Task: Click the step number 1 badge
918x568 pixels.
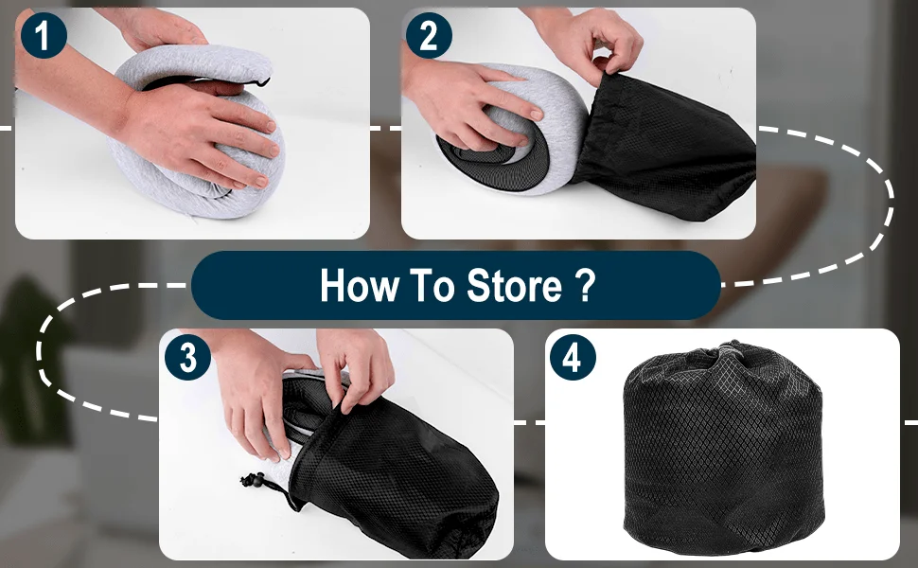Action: [x=44, y=35]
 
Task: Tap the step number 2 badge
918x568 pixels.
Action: [x=429, y=35]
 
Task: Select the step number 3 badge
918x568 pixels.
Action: [x=187, y=357]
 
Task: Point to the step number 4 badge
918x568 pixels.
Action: [x=573, y=357]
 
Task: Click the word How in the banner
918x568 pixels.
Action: [x=359, y=286]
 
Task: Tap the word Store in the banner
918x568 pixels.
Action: [x=514, y=286]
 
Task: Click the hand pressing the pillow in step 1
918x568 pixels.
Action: [x=193, y=132]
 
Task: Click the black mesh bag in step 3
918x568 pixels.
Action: [x=392, y=469]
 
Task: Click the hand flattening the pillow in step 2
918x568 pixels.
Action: [x=468, y=102]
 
